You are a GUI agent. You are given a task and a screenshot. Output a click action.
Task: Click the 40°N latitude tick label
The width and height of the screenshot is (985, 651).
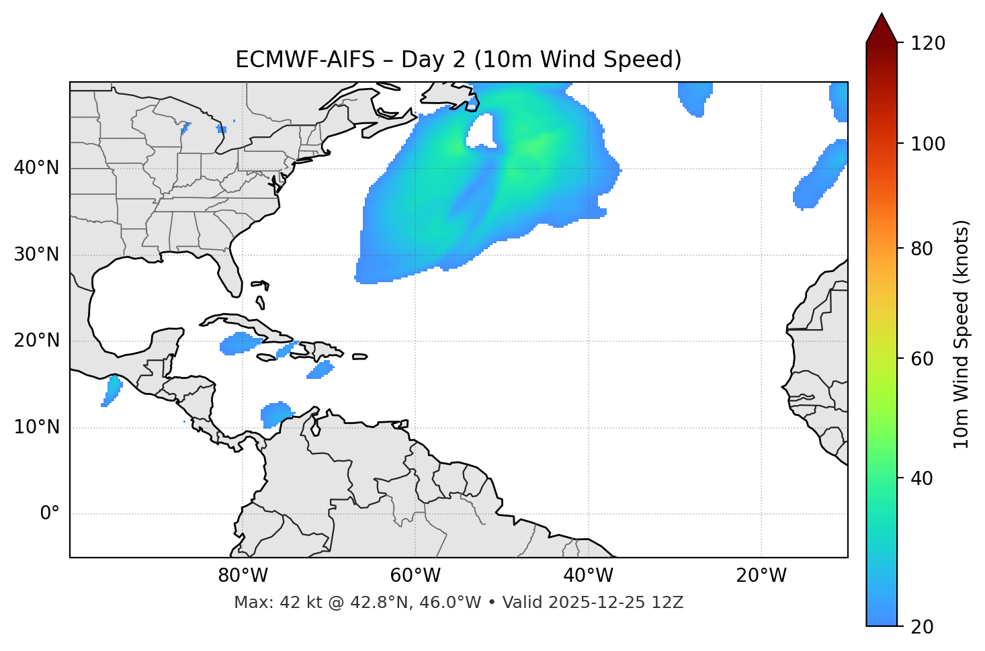point(36,168)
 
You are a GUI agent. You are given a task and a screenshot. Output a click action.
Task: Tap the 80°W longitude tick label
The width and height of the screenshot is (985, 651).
point(243,576)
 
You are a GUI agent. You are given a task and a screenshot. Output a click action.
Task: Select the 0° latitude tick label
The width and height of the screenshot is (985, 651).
point(50,514)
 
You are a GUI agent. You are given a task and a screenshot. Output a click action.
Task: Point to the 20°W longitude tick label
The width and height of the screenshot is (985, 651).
point(761,576)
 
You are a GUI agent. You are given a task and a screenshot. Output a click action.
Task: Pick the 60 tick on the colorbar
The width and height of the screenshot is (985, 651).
point(926,359)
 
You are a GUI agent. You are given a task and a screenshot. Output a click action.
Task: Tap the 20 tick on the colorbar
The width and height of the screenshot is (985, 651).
point(926,627)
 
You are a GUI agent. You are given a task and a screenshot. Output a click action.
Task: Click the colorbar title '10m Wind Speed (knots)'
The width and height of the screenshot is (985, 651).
point(961,334)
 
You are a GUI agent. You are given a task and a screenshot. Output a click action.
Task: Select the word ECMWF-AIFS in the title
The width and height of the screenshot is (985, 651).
point(305,60)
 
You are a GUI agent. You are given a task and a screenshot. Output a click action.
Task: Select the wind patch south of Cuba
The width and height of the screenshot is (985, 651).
point(239,343)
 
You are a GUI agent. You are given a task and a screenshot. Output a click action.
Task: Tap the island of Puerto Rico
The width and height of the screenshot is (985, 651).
point(359,357)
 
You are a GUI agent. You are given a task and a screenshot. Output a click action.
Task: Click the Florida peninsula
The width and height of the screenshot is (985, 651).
point(230,275)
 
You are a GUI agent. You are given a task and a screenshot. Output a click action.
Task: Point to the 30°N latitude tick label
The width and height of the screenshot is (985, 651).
point(36,255)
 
